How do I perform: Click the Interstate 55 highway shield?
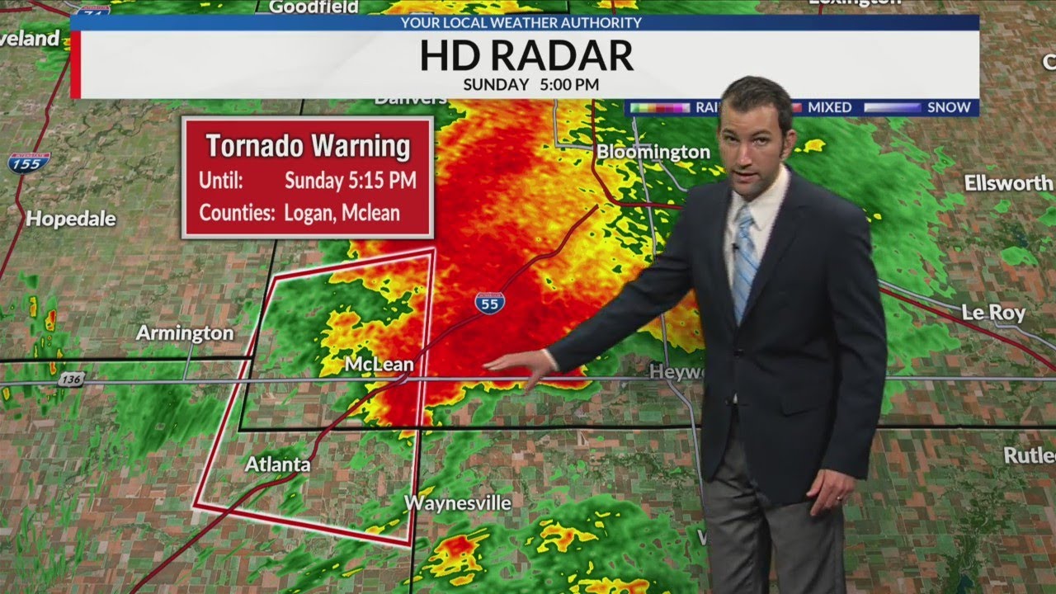[490, 303]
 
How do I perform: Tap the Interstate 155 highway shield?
[29, 161]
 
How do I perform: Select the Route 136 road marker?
[72, 379]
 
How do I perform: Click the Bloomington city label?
[653, 152]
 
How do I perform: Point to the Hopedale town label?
[71, 219]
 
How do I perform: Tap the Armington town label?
[185, 333]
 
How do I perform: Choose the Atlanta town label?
[277, 464]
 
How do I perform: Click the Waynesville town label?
[457, 502]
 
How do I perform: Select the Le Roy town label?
[993, 313]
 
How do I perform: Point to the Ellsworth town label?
[1008, 183]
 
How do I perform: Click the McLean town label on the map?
[379, 364]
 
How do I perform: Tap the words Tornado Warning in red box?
[308, 146]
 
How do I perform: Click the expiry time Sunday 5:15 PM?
[350, 180]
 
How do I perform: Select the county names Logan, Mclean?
[342, 212]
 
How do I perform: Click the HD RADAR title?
[526, 56]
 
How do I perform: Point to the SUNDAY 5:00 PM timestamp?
[530, 84]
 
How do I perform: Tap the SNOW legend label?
[949, 107]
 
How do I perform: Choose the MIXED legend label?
[829, 107]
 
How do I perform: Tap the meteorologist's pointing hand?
[520, 364]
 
